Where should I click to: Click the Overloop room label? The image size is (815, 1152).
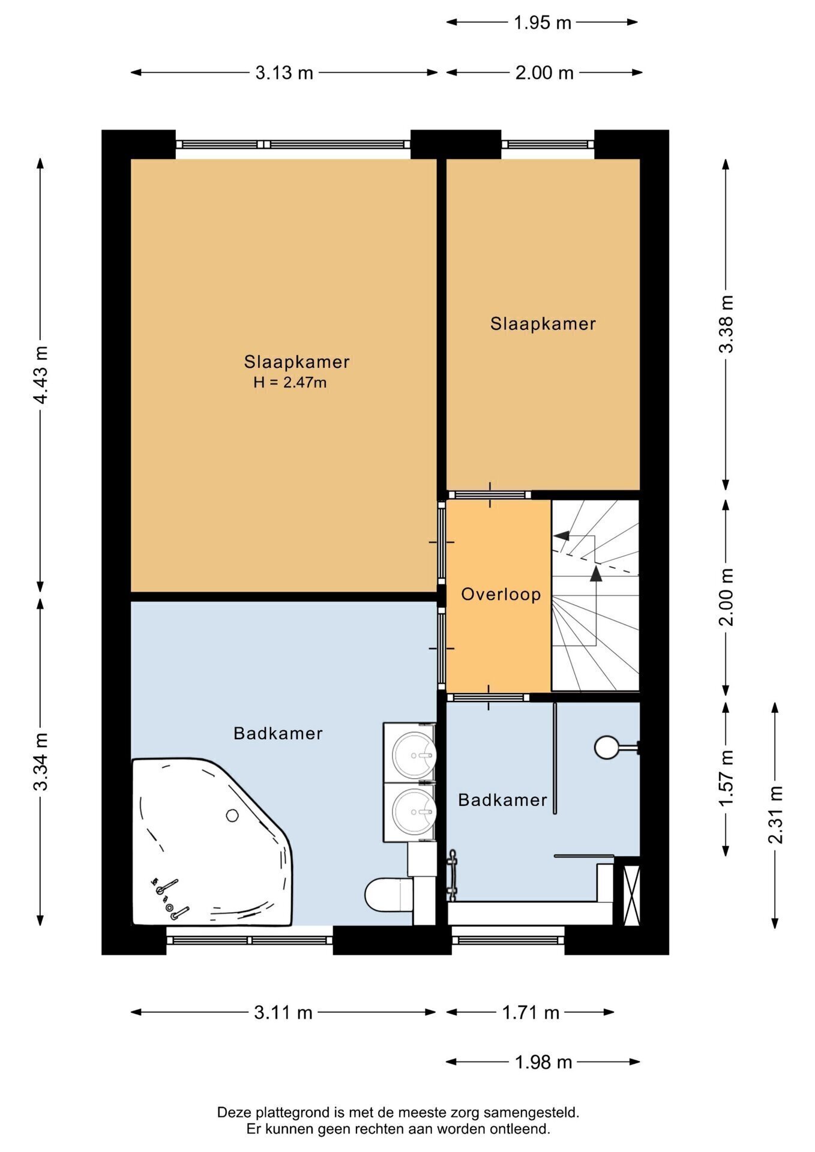501,594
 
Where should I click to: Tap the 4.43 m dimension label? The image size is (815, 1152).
40,375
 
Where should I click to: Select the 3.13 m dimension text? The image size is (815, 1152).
284,73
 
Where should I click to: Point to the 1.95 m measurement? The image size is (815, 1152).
542,22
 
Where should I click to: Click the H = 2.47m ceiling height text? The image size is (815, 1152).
290,382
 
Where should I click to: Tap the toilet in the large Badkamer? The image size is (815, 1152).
389,895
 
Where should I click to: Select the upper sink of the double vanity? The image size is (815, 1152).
414,755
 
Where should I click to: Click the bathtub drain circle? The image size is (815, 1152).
232,815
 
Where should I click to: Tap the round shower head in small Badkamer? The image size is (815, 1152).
606,748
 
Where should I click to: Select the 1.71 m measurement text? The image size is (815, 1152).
531,1012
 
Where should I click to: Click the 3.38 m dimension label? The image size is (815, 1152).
726,324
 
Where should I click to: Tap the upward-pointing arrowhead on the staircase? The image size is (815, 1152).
595,574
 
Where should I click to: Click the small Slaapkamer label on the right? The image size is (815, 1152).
543,324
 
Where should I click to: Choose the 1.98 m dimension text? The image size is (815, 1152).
543,1062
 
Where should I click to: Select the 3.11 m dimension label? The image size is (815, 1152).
283,1012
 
